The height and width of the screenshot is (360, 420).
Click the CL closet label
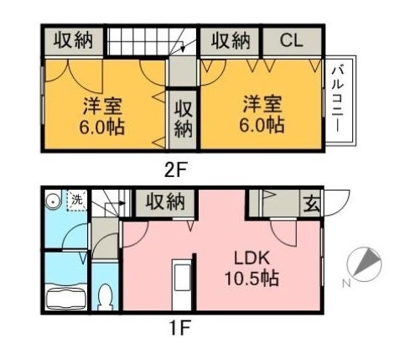pos(288,40)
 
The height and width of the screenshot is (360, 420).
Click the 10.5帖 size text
pos(251,278)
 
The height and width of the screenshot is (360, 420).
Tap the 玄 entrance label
pos(311,202)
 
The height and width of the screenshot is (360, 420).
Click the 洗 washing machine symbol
pos(76,201)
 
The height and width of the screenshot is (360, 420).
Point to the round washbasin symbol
pos(53,201)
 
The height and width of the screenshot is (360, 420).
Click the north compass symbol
pos(365,263)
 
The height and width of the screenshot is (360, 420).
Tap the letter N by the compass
pos(345,284)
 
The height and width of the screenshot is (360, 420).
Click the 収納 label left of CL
pos(230,40)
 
